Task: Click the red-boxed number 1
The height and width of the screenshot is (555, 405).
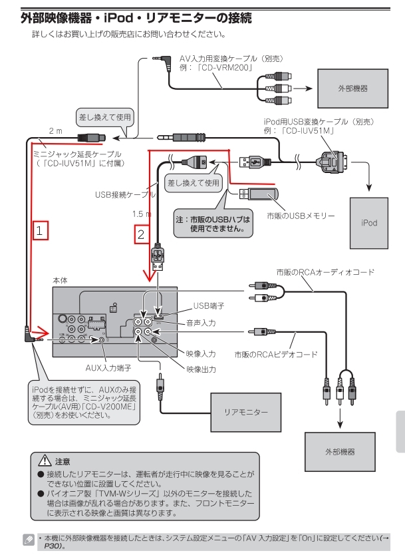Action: (x=41, y=230)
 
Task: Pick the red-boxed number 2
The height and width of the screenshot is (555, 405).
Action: (x=140, y=234)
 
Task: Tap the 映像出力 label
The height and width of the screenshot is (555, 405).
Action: (x=201, y=370)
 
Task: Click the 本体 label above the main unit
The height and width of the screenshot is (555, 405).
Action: (x=60, y=281)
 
